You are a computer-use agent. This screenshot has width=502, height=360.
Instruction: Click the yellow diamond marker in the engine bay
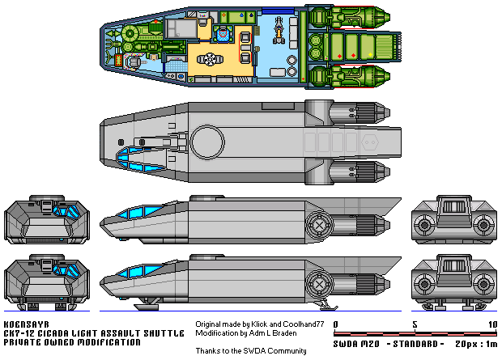coord(370,54)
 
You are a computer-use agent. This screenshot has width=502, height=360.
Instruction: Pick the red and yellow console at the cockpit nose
coord(119,59)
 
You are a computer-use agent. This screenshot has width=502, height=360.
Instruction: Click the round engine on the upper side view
coord(319,225)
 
